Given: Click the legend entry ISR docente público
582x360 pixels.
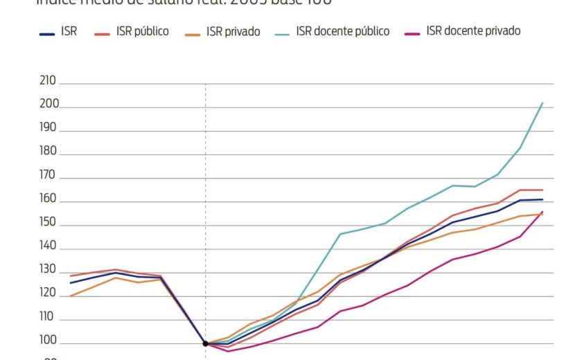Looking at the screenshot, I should (x=342, y=31).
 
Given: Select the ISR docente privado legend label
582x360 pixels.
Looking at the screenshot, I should (x=473, y=31).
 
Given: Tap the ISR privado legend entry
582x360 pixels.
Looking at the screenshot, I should (x=233, y=31).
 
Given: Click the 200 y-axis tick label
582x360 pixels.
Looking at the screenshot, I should (x=48, y=105).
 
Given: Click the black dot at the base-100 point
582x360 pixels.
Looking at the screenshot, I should (x=206, y=343).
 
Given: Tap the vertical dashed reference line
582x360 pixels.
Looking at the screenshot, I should (x=206, y=208).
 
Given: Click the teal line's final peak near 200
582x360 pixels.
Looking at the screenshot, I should (x=542, y=103).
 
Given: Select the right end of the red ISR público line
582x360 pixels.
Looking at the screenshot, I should (x=542, y=190).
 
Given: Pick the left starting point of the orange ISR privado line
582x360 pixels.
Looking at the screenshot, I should (x=70, y=296).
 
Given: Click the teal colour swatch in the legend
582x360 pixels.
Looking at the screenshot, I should (x=282, y=32).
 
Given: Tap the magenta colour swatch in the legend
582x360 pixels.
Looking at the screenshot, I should (x=413, y=32).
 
